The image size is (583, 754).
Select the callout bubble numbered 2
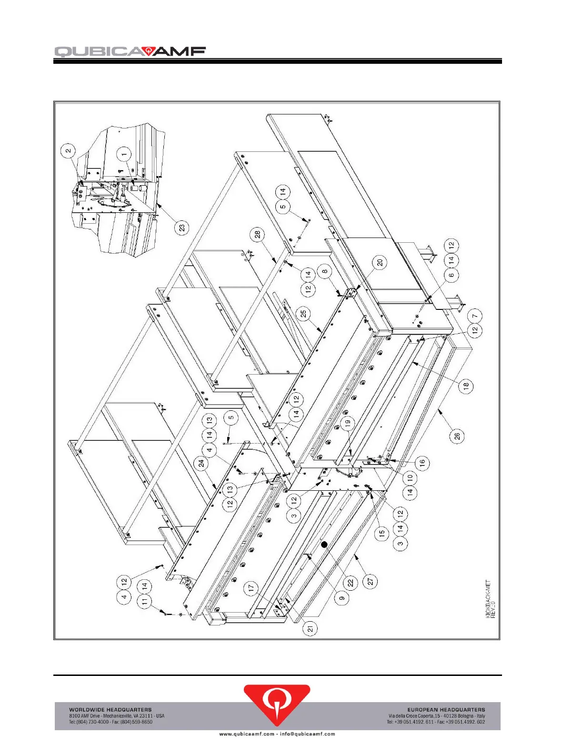point(69,151)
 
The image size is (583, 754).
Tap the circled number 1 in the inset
point(125,154)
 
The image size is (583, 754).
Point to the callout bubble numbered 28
point(258,234)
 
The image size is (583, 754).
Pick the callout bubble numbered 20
point(380,262)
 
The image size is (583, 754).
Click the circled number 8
point(325,272)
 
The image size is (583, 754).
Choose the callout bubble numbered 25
point(303,314)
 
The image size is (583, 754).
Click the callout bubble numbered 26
point(457,437)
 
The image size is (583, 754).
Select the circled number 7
point(474,316)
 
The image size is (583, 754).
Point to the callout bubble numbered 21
point(311,629)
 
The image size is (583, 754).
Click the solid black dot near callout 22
point(324,545)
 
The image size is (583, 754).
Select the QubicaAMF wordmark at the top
point(130,51)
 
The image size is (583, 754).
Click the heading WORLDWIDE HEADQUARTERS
point(111,710)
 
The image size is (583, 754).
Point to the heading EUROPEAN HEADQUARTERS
point(446,710)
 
